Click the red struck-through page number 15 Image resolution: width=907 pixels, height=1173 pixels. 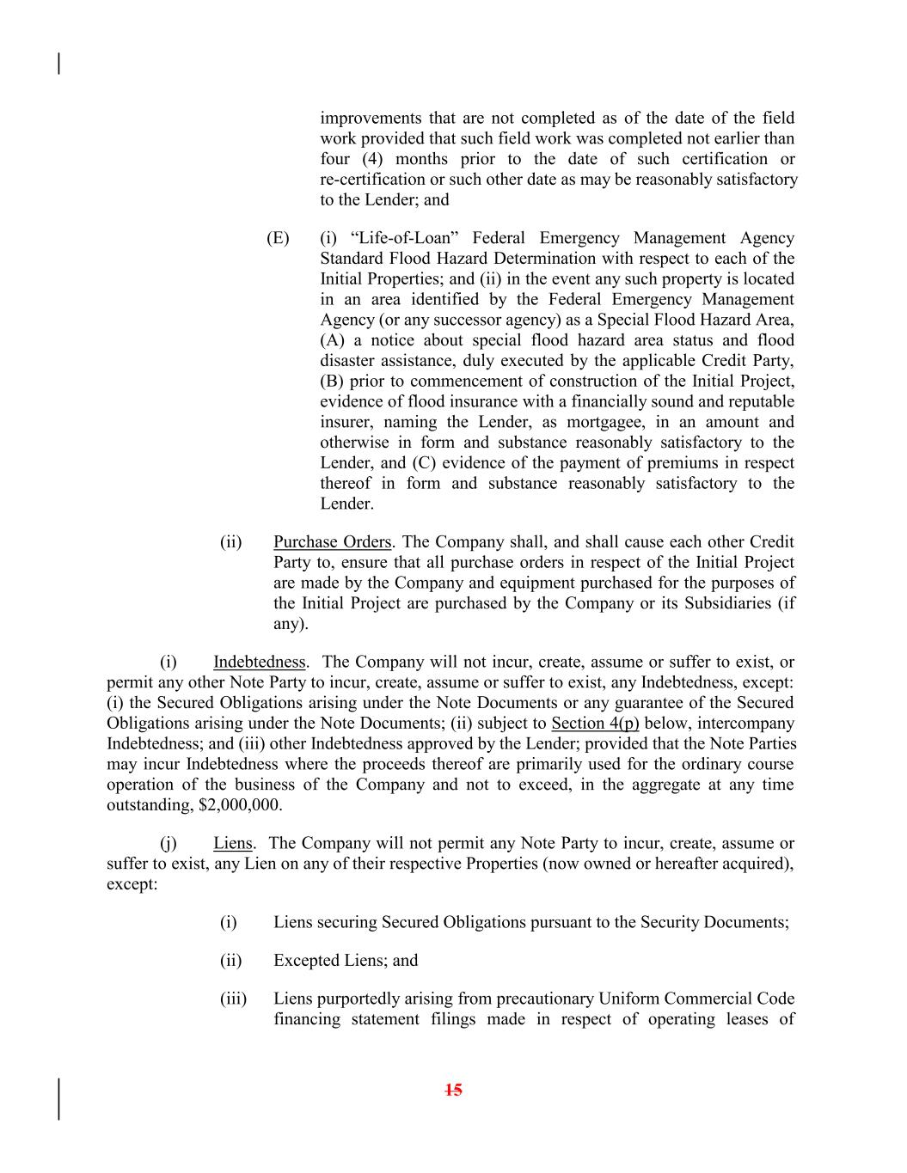point(454,1090)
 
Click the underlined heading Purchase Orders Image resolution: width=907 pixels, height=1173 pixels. point(332,542)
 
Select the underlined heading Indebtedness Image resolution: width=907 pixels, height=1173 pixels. point(259,662)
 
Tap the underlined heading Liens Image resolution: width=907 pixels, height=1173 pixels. point(232,843)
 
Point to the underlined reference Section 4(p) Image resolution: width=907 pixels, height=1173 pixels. point(595,724)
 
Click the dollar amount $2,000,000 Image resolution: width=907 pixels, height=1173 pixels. point(238,805)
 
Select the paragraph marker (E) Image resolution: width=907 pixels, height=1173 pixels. point(278,238)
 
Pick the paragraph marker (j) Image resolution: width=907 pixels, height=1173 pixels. point(169,843)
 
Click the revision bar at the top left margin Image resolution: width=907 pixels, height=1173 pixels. point(59,64)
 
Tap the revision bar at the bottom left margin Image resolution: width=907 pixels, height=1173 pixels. point(59,1098)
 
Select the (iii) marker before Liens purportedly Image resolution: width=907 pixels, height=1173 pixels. point(233,999)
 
